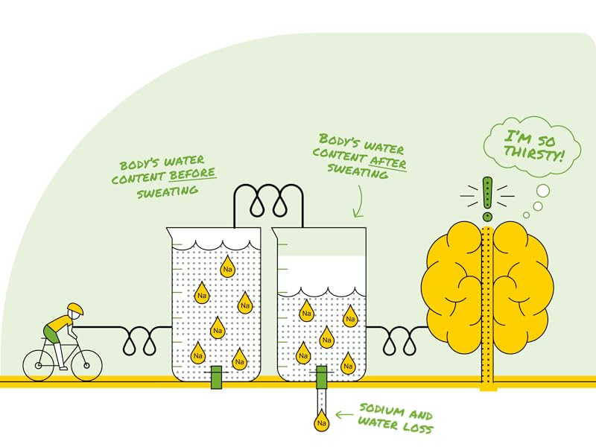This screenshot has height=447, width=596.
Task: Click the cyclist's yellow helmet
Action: pyautogui.click(x=74, y=308)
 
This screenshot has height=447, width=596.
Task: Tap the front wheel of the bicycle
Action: pyautogui.click(x=85, y=365)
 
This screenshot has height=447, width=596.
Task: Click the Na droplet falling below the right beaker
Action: pyautogui.click(x=321, y=422)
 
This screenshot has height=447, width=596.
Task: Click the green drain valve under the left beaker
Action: pyautogui.click(x=216, y=378)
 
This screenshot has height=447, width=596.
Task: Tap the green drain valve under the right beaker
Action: pyautogui.click(x=321, y=378)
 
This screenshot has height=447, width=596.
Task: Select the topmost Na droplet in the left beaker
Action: pyautogui.click(x=228, y=264)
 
